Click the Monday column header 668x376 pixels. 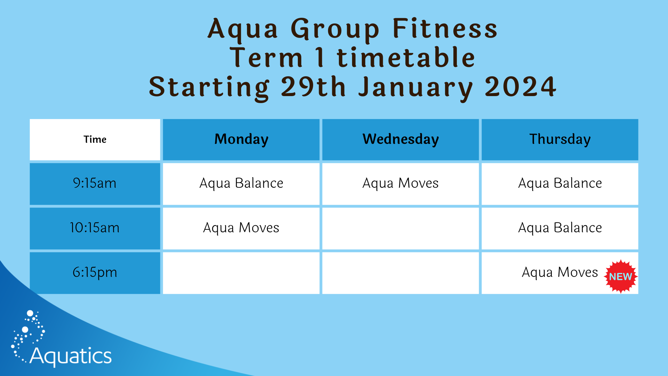241,139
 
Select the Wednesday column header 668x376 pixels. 400,139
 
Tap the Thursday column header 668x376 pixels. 560,139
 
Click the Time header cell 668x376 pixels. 95,140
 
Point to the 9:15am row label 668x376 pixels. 95,183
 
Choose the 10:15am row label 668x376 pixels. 95,228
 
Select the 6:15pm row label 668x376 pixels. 95,273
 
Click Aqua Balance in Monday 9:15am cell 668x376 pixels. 241,183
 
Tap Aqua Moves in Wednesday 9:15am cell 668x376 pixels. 400,183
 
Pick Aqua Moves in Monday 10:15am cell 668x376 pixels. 241,228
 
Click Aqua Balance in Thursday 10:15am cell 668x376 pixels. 560,228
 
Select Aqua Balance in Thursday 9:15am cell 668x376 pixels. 560,183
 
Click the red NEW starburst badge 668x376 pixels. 621,276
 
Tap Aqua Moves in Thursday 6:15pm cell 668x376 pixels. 559,273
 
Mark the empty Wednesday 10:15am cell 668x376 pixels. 400,229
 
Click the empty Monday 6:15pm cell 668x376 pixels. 241,273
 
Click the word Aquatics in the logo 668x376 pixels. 71,356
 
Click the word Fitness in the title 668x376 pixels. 445,29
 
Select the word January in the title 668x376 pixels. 416,88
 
